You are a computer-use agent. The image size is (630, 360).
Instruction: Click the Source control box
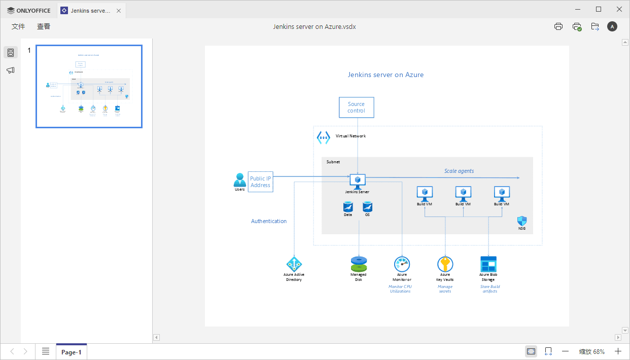point(356,107)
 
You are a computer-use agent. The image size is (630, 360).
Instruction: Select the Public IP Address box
point(260,182)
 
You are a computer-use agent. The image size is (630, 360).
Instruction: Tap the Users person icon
point(239,180)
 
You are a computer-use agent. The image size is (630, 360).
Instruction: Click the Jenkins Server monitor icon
point(358,180)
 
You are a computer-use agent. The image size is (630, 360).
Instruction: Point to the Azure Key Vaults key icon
point(445,264)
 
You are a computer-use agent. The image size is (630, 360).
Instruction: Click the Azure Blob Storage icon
point(488,264)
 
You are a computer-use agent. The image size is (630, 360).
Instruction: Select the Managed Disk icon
point(358,264)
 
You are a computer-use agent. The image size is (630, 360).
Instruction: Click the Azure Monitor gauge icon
point(402,264)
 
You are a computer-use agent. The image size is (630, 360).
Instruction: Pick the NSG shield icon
point(521,221)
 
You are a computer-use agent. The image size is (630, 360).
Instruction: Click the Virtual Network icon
point(323,137)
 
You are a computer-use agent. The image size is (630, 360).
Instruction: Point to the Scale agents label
point(459,171)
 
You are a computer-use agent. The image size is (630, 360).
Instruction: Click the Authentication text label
point(269,221)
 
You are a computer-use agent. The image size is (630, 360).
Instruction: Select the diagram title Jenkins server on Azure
point(386,75)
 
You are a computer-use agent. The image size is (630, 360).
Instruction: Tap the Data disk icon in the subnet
point(348,206)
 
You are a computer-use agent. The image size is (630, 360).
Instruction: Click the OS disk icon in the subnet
point(367,206)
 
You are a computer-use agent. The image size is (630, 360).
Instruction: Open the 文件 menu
point(18,26)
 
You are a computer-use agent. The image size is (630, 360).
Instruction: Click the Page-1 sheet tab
point(71,352)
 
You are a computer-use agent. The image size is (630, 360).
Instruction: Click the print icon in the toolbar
point(558,26)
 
